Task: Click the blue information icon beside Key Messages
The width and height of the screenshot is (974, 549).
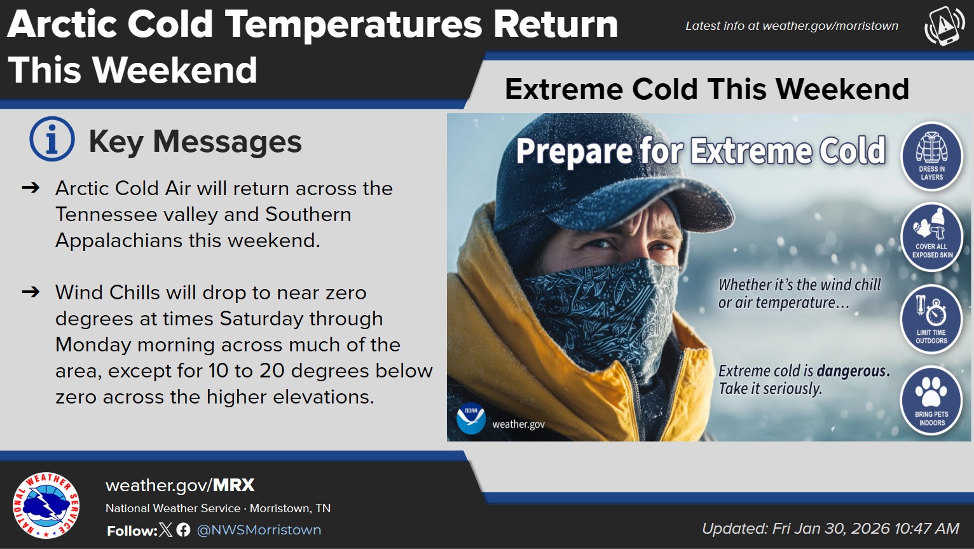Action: point(51,139)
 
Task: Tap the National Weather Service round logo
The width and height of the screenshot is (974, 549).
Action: point(46,505)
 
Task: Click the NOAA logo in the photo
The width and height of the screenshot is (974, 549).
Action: point(470,418)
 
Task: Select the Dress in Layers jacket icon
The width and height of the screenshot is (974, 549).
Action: point(931,156)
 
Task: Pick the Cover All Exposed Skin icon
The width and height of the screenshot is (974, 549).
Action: point(931,237)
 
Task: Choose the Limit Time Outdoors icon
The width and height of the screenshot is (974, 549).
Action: point(931,318)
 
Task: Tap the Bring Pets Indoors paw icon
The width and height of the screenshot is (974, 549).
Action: point(931,400)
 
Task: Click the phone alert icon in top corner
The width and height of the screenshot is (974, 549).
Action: point(944,26)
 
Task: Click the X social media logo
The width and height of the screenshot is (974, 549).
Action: point(166,530)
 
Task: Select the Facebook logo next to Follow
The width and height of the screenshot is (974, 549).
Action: point(184,530)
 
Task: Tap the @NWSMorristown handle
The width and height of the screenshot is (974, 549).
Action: point(259,530)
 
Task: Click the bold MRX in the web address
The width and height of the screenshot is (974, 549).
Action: point(233,485)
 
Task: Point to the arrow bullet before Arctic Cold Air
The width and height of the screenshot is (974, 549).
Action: point(31,188)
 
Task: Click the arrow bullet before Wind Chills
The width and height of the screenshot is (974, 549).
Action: point(31,292)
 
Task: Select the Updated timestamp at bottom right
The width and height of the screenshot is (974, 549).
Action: point(830,529)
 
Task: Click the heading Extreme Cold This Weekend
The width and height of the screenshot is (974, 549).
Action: point(706,89)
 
